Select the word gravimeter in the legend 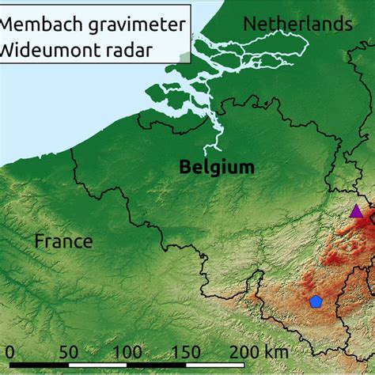(x=134, y=25)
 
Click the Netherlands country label (x=297, y=25)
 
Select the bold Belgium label (x=217, y=167)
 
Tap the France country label (x=63, y=241)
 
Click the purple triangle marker (x=356, y=211)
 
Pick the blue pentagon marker (x=316, y=301)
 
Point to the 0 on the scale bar (x=9, y=352)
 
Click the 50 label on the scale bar (x=67, y=352)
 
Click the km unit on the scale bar (x=276, y=352)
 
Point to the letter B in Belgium (x=185, y=167)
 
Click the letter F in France (x=39, y=241)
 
